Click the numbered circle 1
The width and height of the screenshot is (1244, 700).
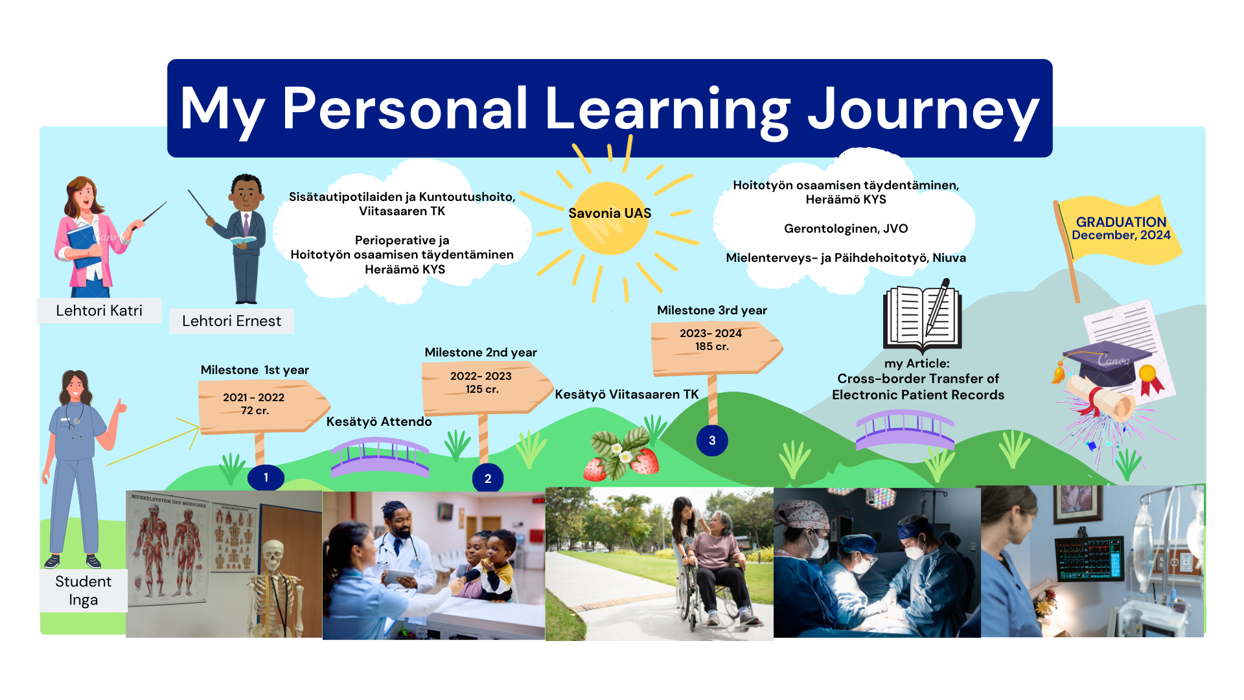tap(266, 478)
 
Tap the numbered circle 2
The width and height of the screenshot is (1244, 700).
tap(488, 478)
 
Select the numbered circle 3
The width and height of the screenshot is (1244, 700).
tap(712, 441)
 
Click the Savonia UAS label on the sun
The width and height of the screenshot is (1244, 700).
tap(610, 213)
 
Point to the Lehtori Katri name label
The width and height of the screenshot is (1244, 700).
tap(99, 310)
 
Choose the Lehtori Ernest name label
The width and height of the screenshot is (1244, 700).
tap(231, 321)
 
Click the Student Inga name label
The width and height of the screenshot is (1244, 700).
tap(84, 590)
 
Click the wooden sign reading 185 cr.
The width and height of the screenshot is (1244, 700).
tap(716, 348)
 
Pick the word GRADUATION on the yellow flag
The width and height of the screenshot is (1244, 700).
tap(1121, 222)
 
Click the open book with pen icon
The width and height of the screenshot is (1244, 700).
tap(923, 316)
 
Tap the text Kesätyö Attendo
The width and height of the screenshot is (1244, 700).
tap(379, 422)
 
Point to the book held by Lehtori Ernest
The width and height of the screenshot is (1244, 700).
tap(243, 241)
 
